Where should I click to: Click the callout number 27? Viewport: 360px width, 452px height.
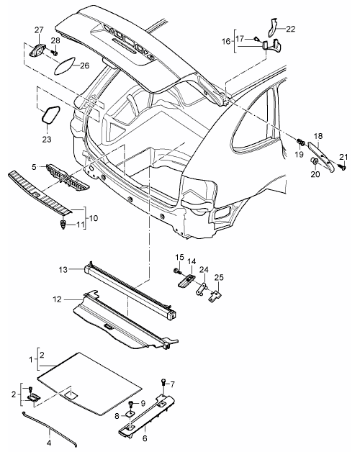click(x=39, y=30)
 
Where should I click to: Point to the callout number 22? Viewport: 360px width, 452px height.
click(x=291, y=29)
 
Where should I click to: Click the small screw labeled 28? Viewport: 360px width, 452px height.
click(x=54, y=53)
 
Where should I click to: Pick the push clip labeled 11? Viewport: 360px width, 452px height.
click(x=63, y=225)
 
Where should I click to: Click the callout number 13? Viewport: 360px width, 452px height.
click(x=63, y=270)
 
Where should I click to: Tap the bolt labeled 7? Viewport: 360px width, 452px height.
click(x=164, y=382)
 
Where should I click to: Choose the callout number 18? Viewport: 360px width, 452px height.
click(x=318, y=136)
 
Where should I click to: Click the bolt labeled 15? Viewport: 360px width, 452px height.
click(x=177, y=271)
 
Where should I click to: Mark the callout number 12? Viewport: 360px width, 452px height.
click(x=58, y=299)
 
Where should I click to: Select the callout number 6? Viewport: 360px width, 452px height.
click(x=145, y=438)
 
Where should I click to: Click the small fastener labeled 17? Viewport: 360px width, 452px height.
click(x=256, y=38)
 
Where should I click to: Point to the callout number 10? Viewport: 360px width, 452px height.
click(x=93, y=218)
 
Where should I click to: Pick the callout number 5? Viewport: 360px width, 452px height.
click(x=34, y=167)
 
